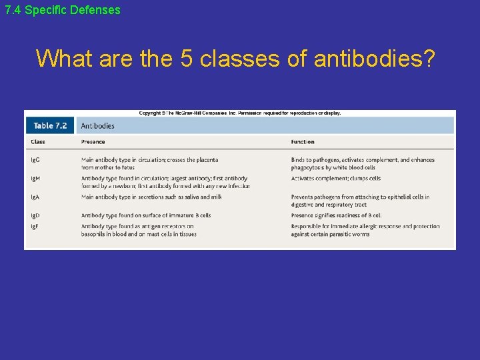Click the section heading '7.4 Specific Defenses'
(x=63, y=10)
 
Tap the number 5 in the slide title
(x=187, y=59)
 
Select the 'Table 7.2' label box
(x=51, y=125)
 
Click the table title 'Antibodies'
(x=97, y=125)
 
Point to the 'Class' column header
(x=38, y=142)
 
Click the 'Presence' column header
(x=93, y=142)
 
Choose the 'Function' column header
(x=303, y=142)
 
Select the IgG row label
(x=35, y=160)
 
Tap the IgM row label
(x=36, y=179)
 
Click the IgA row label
(x=35, y=197)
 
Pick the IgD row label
(x=35, y=215)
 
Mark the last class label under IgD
(x=35, y=227)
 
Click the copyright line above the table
(x=240, y=113)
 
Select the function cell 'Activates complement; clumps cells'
(x=336, y=179)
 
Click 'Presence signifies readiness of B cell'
(x=337, y=215)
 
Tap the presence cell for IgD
(x=146, y=215)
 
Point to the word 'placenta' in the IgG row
(x=205, y=160)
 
